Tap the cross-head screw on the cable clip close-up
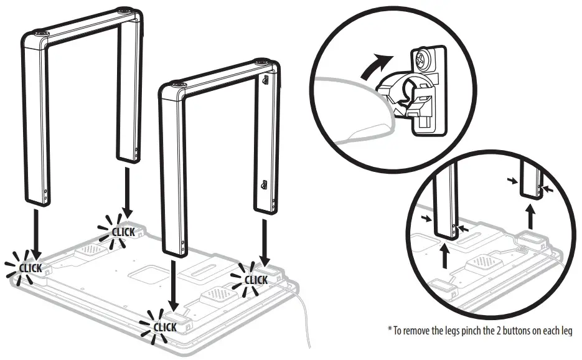(421, 60)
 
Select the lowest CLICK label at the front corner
(164, 326)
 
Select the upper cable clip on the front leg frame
(266, 80)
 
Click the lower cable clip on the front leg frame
(264, 184)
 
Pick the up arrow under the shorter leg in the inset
(530, 218)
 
